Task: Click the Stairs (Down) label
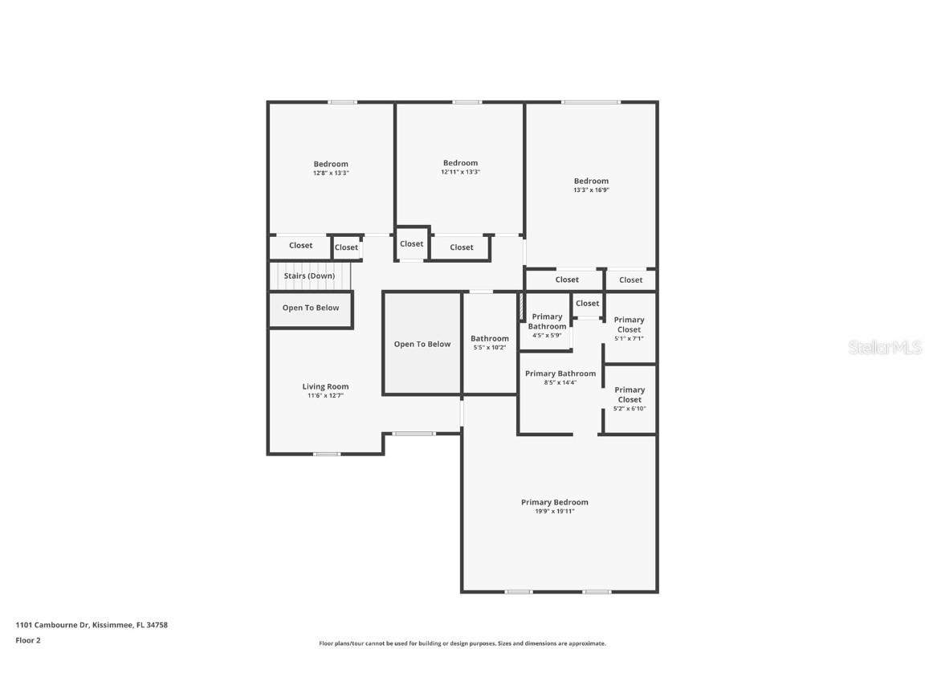tap(309, 276)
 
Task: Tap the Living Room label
tap(325, 386)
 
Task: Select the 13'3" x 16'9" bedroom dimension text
tap(591, 190)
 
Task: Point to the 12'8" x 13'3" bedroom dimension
tap(331, 173)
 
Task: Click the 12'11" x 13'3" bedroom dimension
tap(460, 172)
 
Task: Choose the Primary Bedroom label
tap(554, 502)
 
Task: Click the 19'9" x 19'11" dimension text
tap(554, 512)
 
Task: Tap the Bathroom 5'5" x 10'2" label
tap(489, 343)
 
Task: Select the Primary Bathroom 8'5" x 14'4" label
tap(560, 378)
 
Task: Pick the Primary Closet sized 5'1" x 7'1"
tap(629, 329)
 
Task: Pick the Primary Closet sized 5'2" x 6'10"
tap(629, 398)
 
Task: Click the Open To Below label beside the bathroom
tap(422, 344)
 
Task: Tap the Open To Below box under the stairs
tap(310, 308)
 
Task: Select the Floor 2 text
tap(27, 640)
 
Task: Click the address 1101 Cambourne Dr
tap(92, 625)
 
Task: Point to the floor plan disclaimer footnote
tap(462, 643)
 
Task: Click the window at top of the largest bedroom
tap(590, 102)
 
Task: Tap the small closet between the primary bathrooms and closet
tap(587, 304)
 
